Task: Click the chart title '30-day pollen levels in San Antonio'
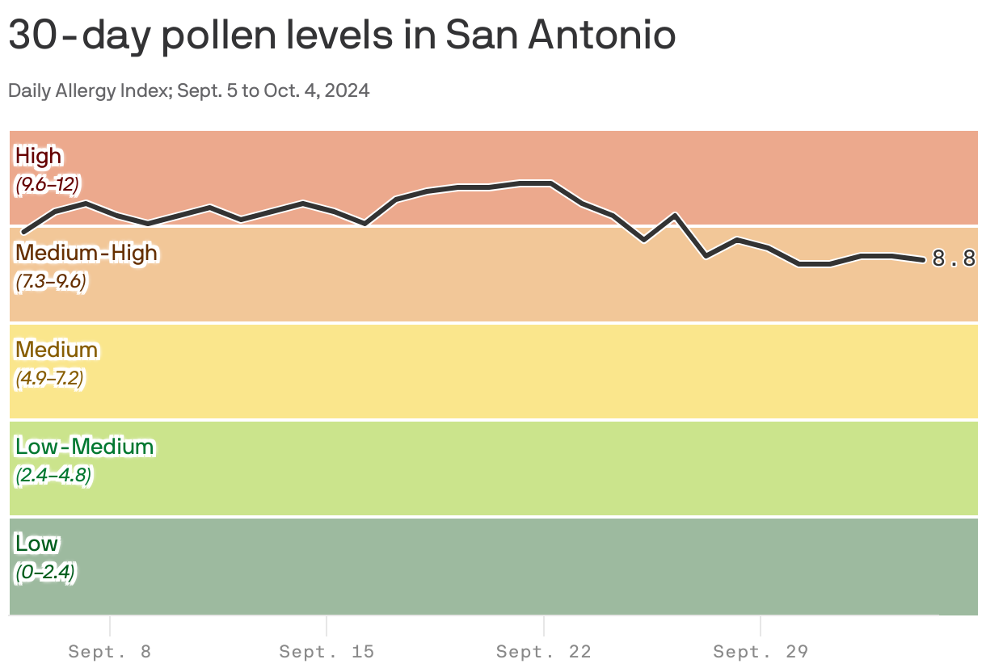(x=342, y=36)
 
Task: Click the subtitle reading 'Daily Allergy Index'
(x=189, y=90)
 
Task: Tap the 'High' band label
(x=38, y=155)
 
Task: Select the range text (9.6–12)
(x=47, y=185)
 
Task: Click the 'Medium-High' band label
(x=86, y=252)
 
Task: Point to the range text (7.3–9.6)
(x=50, y=282)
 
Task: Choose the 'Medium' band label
(x=57, y=349)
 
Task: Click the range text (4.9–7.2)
(x=49, y=379)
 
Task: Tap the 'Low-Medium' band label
(x=84, y=446)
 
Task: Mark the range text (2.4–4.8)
(x=53, y=476)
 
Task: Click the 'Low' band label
(x=36, y=543)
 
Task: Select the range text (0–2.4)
(x=45, y=573)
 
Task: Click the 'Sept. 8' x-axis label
(x=110, y=651)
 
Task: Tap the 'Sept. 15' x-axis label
(x=327, y=651)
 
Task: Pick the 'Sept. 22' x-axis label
(x=544, y=651)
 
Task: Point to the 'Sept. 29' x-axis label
(x=761, y=651)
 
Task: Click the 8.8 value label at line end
(x=954, y=259)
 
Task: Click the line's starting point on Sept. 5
(x=23, y=232)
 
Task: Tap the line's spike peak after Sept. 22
(x=675, y=215)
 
